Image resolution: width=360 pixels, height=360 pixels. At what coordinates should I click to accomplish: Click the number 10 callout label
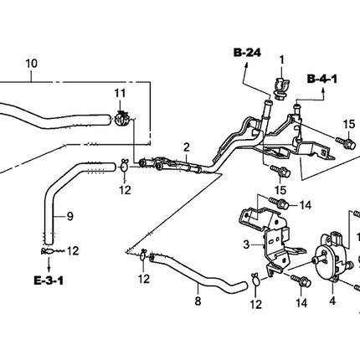(x=32, y=63)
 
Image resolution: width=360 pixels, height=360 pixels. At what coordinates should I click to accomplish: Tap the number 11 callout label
(x=119, y=92)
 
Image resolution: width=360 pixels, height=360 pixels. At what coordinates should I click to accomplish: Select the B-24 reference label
(x=247, y=54)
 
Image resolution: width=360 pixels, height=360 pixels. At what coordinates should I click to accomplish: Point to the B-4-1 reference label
(x=321, y=80)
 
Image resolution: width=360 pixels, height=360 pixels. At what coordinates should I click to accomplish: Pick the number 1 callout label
(x=282, y=59)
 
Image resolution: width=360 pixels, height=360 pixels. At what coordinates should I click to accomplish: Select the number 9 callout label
(x=70, y=217)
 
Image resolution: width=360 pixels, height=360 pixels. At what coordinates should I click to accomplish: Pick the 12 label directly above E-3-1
(x=72, y=249)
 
